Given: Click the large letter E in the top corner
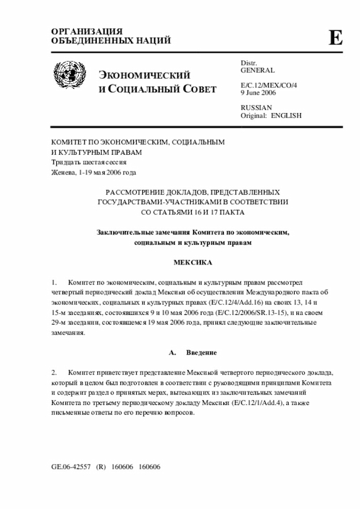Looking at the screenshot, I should point(335,38).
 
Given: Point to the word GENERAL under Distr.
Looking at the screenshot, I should point(258,71).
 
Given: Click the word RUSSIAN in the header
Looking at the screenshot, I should point(256,107).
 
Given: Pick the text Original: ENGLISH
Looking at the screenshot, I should point(271,115).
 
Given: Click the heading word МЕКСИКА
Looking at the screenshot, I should point(192,263).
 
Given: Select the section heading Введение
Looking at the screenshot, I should point(201,352).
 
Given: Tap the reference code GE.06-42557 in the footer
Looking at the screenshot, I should point(70,467).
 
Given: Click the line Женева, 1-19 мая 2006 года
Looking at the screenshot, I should point(93,172).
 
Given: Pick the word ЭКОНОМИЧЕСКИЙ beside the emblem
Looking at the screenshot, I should point(145,76).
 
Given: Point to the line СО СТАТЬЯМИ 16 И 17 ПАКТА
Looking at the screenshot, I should point(192,212).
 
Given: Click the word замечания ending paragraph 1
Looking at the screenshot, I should point(67,332).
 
